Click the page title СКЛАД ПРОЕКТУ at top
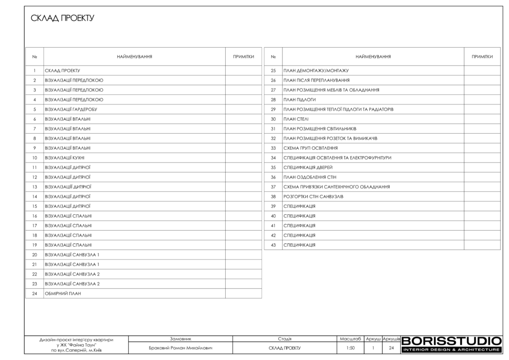(x=63, y=19)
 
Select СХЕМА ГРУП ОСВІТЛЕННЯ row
(x=311, y=148)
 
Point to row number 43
(x=273, y=245)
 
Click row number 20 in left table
(x=34, y=255)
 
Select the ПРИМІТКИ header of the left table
(x=244, y=57)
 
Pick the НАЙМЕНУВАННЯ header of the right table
(x=373, y=57)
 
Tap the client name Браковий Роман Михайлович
(x=180, y=348)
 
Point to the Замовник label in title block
(x=180, y=338)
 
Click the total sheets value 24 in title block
(x=392, y=348)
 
